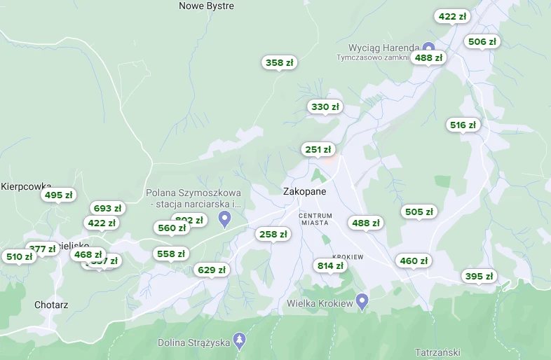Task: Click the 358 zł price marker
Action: (280, 63)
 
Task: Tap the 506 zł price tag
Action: (482, 42)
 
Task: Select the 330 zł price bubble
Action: (325, 107)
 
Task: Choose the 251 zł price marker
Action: (318, 150)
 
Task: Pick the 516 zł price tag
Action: (463, 125)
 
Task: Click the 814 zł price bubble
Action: (330, 266)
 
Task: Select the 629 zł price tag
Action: (212, 270)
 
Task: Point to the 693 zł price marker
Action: (107, 209)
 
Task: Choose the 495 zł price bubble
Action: (59, 195)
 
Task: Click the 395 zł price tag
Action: (479, 277)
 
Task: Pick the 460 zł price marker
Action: (414, 261)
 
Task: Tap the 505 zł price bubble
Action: (419, 212)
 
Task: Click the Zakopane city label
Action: (304, 191)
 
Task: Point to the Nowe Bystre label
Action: (206, 6)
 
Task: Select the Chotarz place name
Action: (51, 305)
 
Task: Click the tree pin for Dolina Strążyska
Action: (240, 340)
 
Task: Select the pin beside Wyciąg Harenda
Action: (428, 48)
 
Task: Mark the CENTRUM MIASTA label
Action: (315, 219)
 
